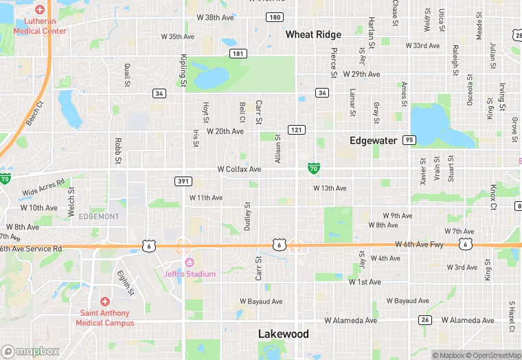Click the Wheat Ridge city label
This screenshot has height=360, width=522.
[x=313, y=34]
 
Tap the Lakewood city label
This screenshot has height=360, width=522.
[x=283, y=334]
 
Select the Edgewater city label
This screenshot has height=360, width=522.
[x=373, y=141]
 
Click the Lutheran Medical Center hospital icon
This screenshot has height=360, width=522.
[x=40, y=10]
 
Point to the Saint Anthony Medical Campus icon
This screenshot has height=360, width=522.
[x=105, y=301]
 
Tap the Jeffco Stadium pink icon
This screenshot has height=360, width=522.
[x=190, y=262]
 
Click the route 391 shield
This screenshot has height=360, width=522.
[x=182, y=180]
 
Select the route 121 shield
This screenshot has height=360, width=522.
[x=296, y=130]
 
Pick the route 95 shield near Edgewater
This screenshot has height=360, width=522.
[x=409, y=140]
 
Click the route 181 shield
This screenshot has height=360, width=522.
[x=238, y=53]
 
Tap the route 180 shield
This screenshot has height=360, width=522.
[x=275, y=17]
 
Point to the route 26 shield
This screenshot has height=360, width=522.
[x=425, y=320]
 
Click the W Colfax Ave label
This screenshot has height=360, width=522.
[x=239, y=169]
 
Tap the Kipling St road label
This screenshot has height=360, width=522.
[x=183, y=70]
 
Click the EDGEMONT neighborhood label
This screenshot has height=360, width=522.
[x=99, y=216]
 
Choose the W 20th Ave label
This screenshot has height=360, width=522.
[x=225, y=131]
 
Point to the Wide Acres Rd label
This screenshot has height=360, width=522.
[x=43, y=188]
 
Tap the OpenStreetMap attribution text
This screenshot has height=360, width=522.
[x=494, y=355]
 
